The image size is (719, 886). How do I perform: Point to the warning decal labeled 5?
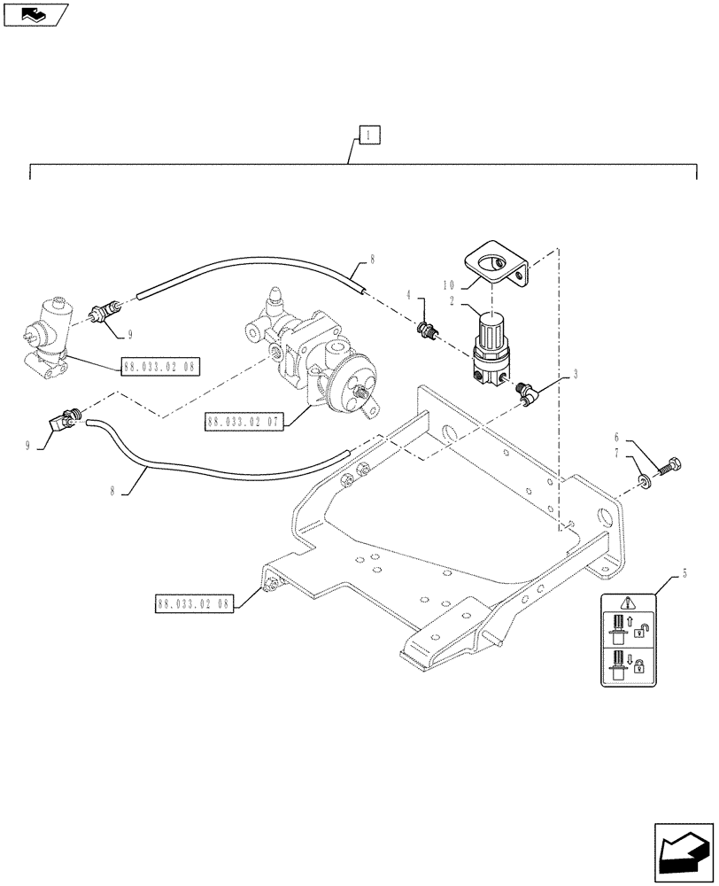pos(630,638)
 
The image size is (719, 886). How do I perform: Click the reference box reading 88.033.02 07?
pos(243,423)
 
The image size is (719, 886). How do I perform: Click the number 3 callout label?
pos(576,375)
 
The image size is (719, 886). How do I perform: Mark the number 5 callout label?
pos(684,575)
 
